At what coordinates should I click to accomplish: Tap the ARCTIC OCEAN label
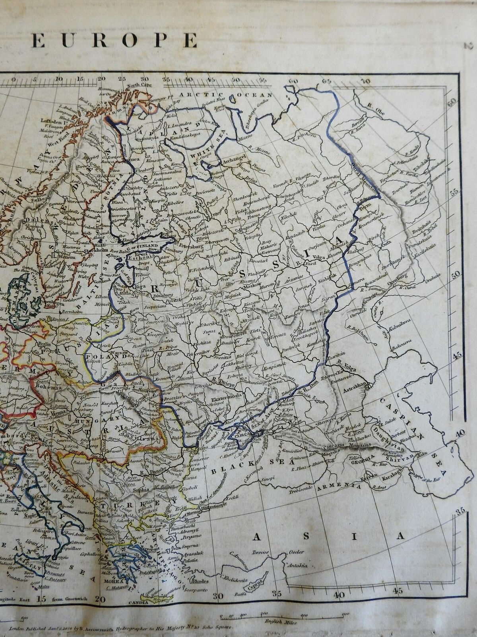(225, 95)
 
